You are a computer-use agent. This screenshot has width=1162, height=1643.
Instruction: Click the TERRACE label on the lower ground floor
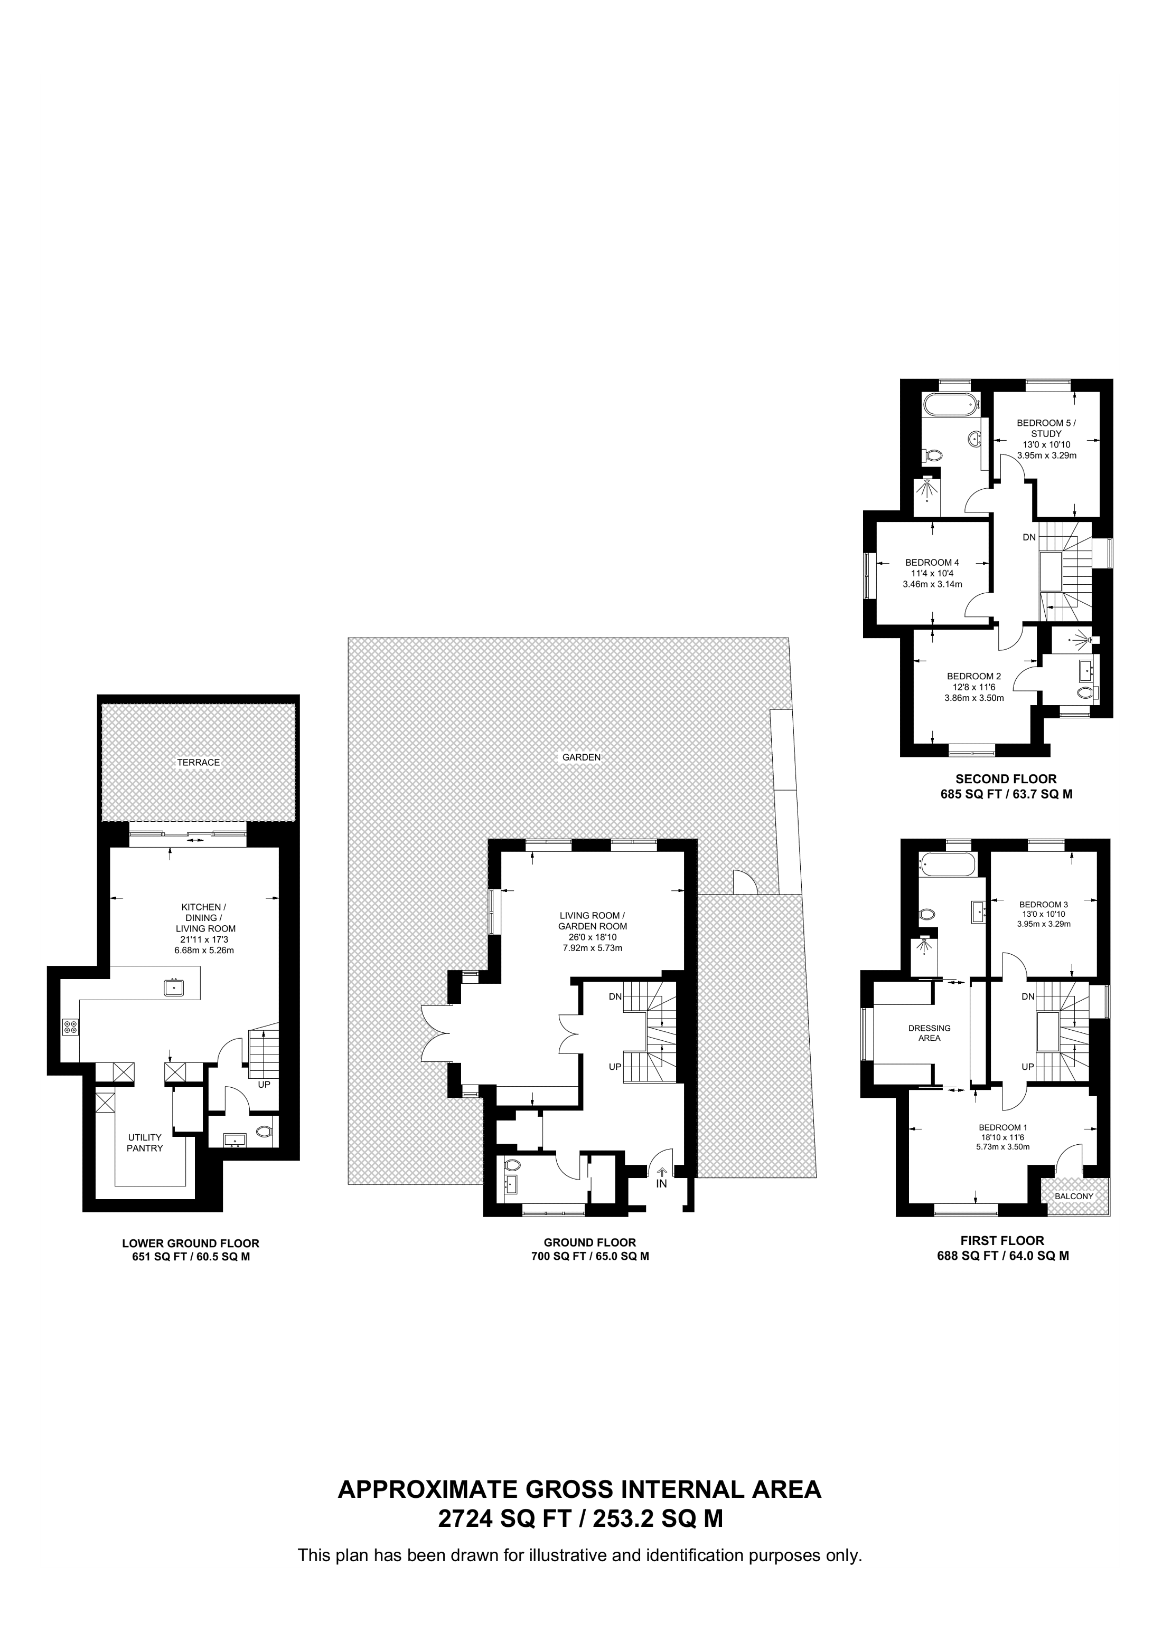click(x=198, y=762)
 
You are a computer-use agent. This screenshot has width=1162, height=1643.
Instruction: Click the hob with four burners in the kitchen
click(x=71, y=1028)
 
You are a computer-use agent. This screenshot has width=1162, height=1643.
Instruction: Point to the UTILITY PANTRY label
click(x=145, y=1142)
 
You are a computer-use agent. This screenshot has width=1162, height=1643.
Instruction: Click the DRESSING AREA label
click(x=929, y=1032)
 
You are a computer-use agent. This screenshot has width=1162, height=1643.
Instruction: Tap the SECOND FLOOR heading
click(x=1006, y=778)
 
